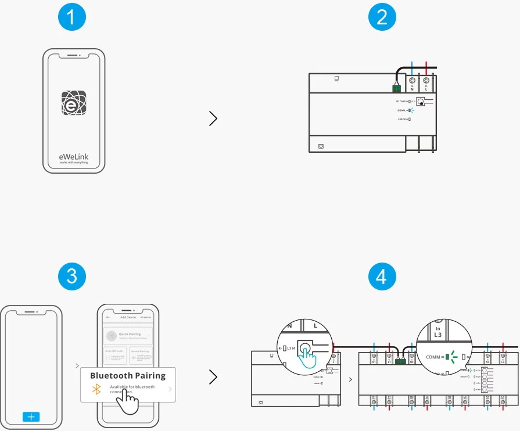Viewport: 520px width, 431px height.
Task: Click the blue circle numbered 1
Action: pos(72,17)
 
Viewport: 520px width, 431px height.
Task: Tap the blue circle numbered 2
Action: pos(382,17)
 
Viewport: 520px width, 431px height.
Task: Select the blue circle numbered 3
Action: pos(72,276)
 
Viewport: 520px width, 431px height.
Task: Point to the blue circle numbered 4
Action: pos(382,276)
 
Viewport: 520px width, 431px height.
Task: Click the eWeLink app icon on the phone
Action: pos(74,102)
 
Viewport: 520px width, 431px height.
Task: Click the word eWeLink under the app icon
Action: pos(74,156)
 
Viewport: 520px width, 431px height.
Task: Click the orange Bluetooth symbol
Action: pos(97,389)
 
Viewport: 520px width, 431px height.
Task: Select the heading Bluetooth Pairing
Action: pos(128,376)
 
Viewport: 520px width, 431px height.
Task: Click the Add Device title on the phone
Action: pos(127,317)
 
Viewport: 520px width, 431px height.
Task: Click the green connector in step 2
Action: pos(396,88)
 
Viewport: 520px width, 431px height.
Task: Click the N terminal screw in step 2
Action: pos(412,81)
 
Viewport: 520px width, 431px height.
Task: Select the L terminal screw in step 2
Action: pos(426,81)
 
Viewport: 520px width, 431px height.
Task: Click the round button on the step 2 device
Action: pos(420,102)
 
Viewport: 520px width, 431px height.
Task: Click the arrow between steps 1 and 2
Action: pos(213,119)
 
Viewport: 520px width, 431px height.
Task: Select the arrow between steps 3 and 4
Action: pos(213,378)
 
